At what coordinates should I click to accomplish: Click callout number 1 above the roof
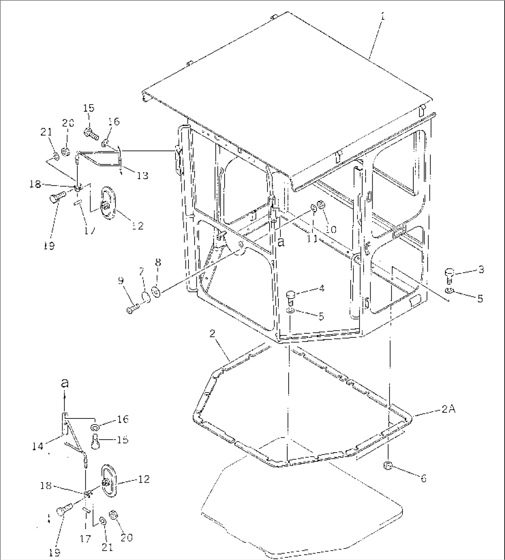382,16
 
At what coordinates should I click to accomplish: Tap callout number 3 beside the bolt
481,269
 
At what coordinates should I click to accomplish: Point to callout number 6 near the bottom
423,478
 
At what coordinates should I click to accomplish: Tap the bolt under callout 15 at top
91,133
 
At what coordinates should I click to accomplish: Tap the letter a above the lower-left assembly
64,383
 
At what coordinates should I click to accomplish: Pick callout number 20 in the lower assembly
126,537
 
